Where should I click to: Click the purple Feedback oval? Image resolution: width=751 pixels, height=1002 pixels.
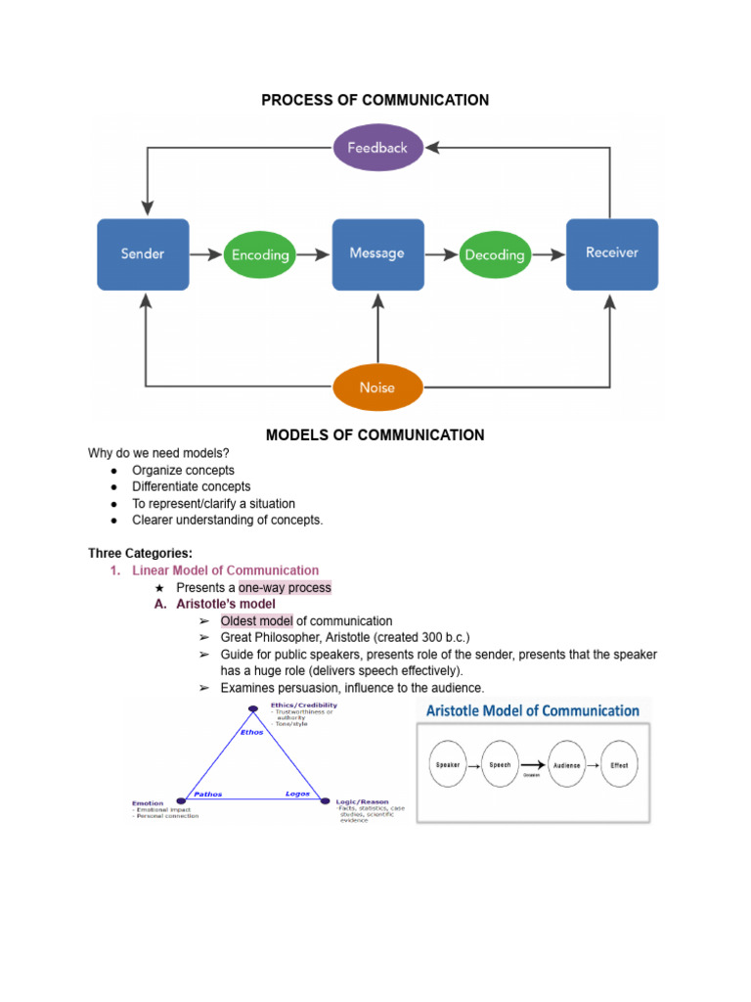(377, 148)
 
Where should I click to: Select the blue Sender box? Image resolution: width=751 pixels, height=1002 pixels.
(143, 253)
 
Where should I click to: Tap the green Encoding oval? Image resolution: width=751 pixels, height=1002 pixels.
(260, 254)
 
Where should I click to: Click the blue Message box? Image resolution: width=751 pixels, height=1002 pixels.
(377, 253)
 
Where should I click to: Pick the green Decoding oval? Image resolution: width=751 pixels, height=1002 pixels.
(495, 254)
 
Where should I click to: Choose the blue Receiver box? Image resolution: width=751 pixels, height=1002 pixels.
(612, 253)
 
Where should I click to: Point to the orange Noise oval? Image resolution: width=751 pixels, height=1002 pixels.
(377, 387)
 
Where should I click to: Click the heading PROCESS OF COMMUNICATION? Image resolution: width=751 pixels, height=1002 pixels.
(375, 100)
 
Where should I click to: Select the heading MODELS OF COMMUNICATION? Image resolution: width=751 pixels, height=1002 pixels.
(375, 434)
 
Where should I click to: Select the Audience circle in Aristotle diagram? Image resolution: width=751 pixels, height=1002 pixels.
(566, 765)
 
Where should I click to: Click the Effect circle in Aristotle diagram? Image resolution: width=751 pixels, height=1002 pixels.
(619, 765)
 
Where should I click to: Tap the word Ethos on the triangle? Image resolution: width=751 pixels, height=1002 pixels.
(251, 731)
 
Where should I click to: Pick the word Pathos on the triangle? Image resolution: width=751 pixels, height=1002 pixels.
(208, 794)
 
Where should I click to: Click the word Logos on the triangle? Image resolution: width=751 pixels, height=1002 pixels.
(297, 794)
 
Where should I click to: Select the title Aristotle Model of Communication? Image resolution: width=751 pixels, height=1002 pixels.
(528, 710)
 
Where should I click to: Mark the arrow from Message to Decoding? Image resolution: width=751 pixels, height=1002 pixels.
(444, 254)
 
